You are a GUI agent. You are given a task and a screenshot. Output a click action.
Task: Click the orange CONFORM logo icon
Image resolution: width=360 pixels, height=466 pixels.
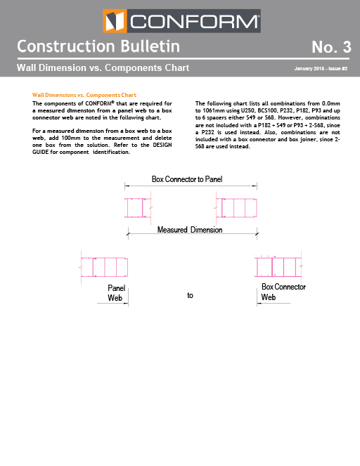tap(115, 21)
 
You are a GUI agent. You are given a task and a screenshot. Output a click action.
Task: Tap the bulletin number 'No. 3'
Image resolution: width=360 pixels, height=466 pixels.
tap(331, 47)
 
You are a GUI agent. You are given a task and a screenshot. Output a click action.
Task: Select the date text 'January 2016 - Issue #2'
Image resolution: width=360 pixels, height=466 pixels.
tap(321, 68)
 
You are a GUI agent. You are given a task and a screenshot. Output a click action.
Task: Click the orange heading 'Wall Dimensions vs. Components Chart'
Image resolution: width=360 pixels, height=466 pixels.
tap(84, 95)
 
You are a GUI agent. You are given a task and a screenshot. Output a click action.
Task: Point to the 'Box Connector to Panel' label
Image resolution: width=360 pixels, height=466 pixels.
tap(187, 179)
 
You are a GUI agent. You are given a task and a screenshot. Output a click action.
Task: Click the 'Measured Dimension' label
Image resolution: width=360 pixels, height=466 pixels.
tap(190, 230)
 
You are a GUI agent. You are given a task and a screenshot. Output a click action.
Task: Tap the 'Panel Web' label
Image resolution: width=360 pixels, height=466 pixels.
tap(116, 293)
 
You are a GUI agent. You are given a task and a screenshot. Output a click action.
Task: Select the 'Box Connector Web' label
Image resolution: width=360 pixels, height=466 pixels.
tap(283, 292)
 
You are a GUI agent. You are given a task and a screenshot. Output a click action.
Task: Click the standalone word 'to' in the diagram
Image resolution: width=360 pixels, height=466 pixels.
tap(190, 295)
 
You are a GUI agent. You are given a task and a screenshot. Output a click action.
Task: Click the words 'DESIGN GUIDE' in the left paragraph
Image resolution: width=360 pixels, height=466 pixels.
tap(102, 148)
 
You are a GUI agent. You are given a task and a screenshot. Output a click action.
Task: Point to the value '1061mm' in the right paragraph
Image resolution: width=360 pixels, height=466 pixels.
tap(213, 110)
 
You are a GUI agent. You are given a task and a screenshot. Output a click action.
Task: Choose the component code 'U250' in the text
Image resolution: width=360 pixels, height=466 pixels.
tap(247, 110)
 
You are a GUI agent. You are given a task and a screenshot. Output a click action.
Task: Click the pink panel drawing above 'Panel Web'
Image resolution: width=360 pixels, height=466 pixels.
tap(104, 267)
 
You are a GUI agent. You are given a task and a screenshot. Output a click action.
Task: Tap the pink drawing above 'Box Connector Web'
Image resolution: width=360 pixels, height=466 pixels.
tap(278, 266)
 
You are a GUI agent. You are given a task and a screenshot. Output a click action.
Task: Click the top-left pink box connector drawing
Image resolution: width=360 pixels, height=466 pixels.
tap(139, 208)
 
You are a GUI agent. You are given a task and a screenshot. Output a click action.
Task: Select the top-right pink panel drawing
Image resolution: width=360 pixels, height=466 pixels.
tap(236, 208)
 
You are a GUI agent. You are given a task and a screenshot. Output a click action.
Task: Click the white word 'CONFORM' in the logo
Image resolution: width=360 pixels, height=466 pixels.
tap(194, 21)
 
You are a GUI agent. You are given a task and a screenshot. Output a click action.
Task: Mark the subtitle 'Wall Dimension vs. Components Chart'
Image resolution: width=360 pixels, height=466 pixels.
tap(103, 67)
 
